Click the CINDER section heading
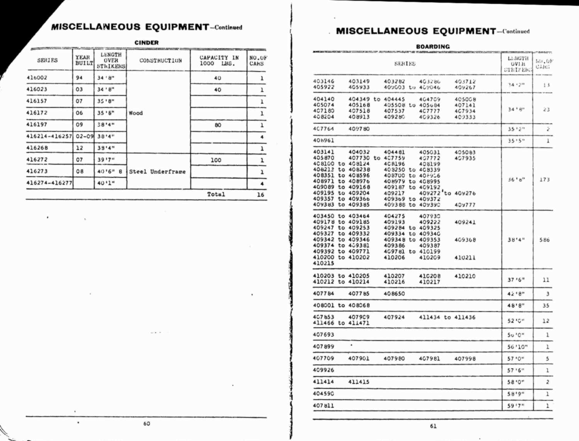click(x=146, y=43)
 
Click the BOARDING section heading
click(x=433, y=46)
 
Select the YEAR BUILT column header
click(x=84, y=60)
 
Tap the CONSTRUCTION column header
click(x=160, y=60)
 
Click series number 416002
click(x=37, y=78)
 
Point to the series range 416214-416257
click(x=49, y=136)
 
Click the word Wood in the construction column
click(x=135, y=113)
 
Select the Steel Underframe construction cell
click(x=157, y=172)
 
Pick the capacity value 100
click(x=216, y=160)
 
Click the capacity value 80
click(x=218, y=125)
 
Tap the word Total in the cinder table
click(x=216, y=194)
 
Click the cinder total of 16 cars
click(x=261, y=195)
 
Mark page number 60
click(x=147, y=424)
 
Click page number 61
click(x=433, y=426)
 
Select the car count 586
click(x=544, y=240)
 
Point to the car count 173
click(x=544, y=180)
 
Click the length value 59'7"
click(x=516, y=406)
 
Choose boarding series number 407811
click(x=323, y=405)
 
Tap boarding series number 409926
click(x=323, y=370)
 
